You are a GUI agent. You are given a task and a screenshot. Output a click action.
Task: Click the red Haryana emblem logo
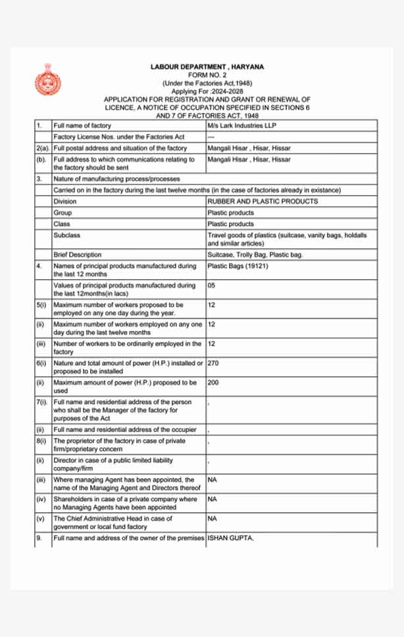pyautogui.click(x=47, y=81)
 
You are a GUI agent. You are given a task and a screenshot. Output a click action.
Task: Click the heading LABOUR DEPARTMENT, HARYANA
pyautogui.click(x=207, y=68)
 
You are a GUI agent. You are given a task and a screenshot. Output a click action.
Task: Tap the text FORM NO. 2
pyautogui.click(x=207, y=76)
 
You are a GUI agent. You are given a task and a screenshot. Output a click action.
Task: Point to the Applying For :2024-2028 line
pyautogui.click(x=207, y=91)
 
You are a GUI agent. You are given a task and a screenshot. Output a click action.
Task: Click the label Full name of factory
pyautogui.click(x=82, y=125)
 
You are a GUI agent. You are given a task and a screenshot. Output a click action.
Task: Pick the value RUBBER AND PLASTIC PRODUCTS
pyautogui.click(x=262, y=202)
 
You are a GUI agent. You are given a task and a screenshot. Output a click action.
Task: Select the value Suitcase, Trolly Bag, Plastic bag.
pyautogui.click(x=255, y=255)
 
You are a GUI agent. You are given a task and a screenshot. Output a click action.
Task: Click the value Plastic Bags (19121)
pyautogui.click(x=237, y=266)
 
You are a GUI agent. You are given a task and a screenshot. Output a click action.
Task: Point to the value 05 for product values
pyautogui.click(x=211, y=286)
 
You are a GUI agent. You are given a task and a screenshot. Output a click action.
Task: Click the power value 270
pyautogui.click(x=213, y=363)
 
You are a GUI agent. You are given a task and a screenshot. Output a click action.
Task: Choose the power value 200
pyautogui.click(x=213, y=382)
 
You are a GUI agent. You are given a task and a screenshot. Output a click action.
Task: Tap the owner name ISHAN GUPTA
pyautogui.click(x=230, y=538)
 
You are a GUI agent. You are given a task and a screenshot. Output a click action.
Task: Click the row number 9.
pyautogui.click(x=39, y=538)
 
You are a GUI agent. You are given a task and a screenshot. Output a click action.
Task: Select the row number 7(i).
pyautogui.click(x=41, y=402)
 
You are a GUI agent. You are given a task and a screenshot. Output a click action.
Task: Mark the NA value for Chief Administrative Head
pyautogui.click(x=212, y=518)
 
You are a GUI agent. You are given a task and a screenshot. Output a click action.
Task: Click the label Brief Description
pyautogui.click(x=78, y=255)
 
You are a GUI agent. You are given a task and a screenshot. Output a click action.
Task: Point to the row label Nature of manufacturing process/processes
pyautogui.click(x=116, y=179)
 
